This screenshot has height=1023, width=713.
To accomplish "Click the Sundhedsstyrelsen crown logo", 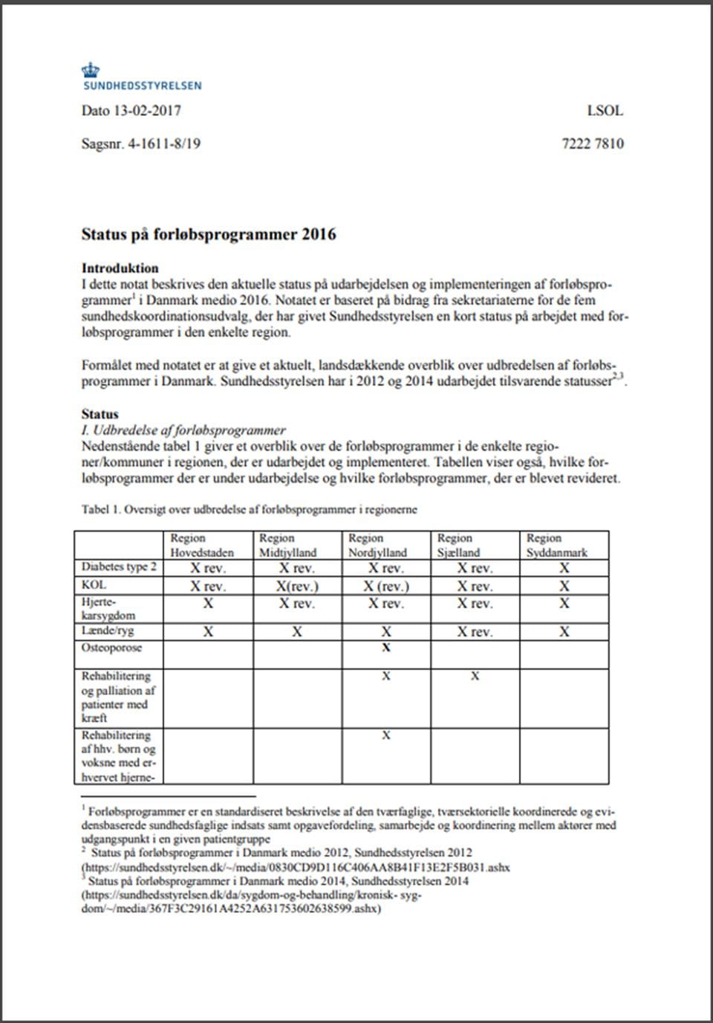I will click(91, 71).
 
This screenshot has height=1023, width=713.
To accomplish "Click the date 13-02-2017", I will click(147, 111).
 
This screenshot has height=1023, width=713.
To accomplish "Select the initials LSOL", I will click(605, 111).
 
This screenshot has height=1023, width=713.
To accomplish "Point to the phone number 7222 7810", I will click(592, 143).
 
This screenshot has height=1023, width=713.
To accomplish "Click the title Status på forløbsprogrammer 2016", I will click(209, 234).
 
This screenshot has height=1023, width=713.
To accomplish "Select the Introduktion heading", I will click(120, 268).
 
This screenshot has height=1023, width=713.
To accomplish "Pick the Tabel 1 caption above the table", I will click(249, 509).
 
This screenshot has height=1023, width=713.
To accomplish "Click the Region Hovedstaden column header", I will click(201, 545).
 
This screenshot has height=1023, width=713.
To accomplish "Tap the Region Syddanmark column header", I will click(556, 545).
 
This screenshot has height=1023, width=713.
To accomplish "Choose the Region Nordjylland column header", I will click(377, 545).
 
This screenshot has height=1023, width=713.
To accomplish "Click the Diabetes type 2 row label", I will click(119, 567).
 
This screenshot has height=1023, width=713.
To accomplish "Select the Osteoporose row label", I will click(111, 648).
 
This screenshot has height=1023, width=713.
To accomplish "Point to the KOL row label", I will click(94, 585).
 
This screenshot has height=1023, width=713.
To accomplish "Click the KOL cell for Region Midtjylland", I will click(297, 586).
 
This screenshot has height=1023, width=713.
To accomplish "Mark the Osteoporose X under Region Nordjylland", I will click(386, 648).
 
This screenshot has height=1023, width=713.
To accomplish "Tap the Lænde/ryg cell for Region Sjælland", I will click(475, 632).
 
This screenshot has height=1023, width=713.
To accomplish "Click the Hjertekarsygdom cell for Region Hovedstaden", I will click(208, 603).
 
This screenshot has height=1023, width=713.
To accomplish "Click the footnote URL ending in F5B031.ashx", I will click(296, 867).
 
